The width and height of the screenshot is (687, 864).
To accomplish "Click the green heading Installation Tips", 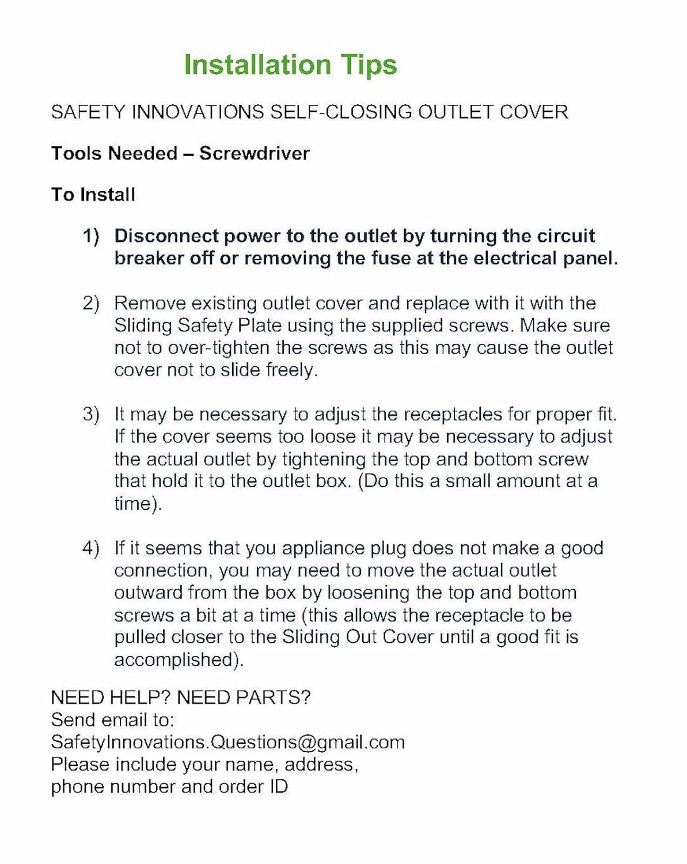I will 290,65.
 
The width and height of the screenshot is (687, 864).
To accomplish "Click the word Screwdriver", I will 255,153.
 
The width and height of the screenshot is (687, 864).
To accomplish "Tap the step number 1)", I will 90,236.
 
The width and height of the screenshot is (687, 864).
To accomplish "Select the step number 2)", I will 90,303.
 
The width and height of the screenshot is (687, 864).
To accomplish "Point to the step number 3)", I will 90,414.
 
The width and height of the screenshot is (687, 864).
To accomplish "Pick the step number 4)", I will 90,548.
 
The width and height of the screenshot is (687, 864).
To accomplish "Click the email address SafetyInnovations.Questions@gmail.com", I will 227,742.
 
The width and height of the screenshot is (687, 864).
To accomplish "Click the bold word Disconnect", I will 166,236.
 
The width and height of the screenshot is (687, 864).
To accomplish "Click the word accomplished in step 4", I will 179,660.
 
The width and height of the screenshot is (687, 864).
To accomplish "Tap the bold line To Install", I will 93,195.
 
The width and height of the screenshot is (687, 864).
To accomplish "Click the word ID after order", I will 278,787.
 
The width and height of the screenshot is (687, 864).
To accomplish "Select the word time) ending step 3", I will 138,503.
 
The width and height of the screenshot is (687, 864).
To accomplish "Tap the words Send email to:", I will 112,720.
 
